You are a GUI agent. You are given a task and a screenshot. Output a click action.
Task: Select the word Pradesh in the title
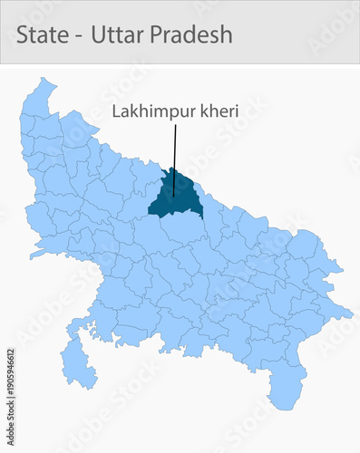tap(191, 34)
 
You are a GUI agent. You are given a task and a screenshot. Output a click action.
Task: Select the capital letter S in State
tap(23, 34)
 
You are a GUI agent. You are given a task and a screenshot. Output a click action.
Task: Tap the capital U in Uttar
tap(99, 34)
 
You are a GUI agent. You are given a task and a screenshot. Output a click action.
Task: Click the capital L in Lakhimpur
tap(116, 112)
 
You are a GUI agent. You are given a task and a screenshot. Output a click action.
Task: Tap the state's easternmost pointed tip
tap(351, 313)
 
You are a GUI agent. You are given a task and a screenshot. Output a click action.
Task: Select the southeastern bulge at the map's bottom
tap(286, 390)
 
